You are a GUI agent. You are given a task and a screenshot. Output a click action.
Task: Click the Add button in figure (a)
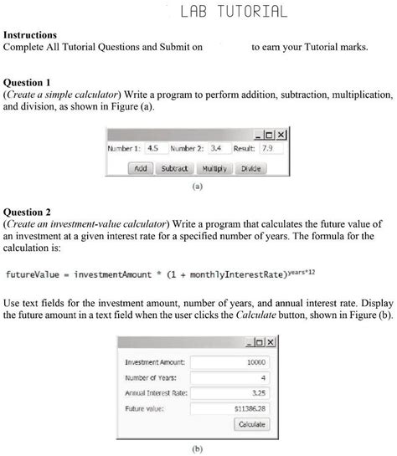pyautogui.click(x=141, y=167)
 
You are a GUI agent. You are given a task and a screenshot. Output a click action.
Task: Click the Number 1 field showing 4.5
pyautogui.click(x=153, y=148)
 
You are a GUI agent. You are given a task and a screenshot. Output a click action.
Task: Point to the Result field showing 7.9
pyautogui.click(x=271, y=148)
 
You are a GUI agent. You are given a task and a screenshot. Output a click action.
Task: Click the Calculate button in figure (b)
pyautogui.click(x=252, y=424)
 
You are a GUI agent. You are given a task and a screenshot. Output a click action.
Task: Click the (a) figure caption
pyautogui.click(x=198, y=187)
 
